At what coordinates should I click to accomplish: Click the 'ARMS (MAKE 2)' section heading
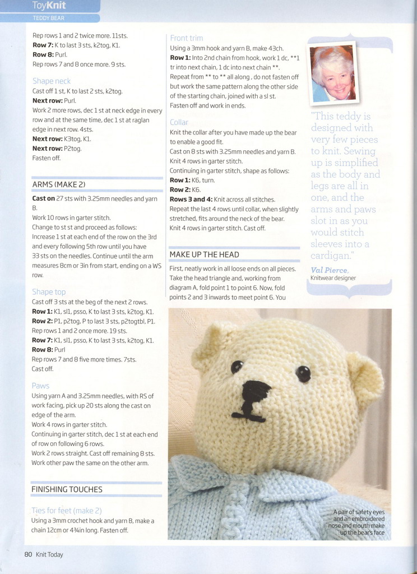point(59,184)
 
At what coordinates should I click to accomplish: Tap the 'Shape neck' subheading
point(52,81)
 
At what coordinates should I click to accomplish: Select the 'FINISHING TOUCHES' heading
point(67,489)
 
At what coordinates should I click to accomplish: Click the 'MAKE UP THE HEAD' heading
point(204,254)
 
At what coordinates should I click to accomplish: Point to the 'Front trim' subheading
point(187,38)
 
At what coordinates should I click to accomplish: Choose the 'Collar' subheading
point(179,122)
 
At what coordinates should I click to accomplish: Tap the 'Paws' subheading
point(40,386)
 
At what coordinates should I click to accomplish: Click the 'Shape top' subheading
point(49,291)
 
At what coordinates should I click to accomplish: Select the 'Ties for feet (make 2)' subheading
point(67,511)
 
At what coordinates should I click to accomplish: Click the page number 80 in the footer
point(28,554)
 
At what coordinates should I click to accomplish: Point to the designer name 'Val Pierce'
point(329,270)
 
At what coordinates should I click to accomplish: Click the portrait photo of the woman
point(333,73)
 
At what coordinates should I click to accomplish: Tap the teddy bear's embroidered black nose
point(256,389)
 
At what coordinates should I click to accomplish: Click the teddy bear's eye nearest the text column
point(237,367)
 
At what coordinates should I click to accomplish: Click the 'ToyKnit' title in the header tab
point(49,6)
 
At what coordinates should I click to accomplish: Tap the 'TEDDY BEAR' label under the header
point(49,18)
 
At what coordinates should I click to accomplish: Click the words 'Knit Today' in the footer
point(49,554)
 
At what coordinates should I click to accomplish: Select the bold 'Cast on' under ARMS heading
point(43,198)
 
